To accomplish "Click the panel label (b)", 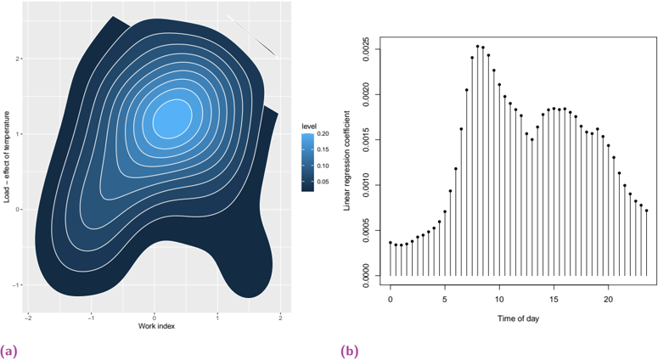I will pyautogui.click(x=349, y=350).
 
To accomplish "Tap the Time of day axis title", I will pyautogui.click(x=519, y=318).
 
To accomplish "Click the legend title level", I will pyautogui.click(x=309, y=127).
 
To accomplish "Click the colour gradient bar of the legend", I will pyautogui.click(x=309, y=161).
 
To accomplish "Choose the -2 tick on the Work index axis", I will pyautogui.click(x=28, y=317).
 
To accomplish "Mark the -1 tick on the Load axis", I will pyautogui.click(x=19, y=284).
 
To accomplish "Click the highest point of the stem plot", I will pyautogui.click(x=478, y=46).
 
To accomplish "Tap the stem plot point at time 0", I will pyautogui.click(x=391, y=243).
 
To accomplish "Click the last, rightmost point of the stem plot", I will pyautogui.click(x=647, y=211).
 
